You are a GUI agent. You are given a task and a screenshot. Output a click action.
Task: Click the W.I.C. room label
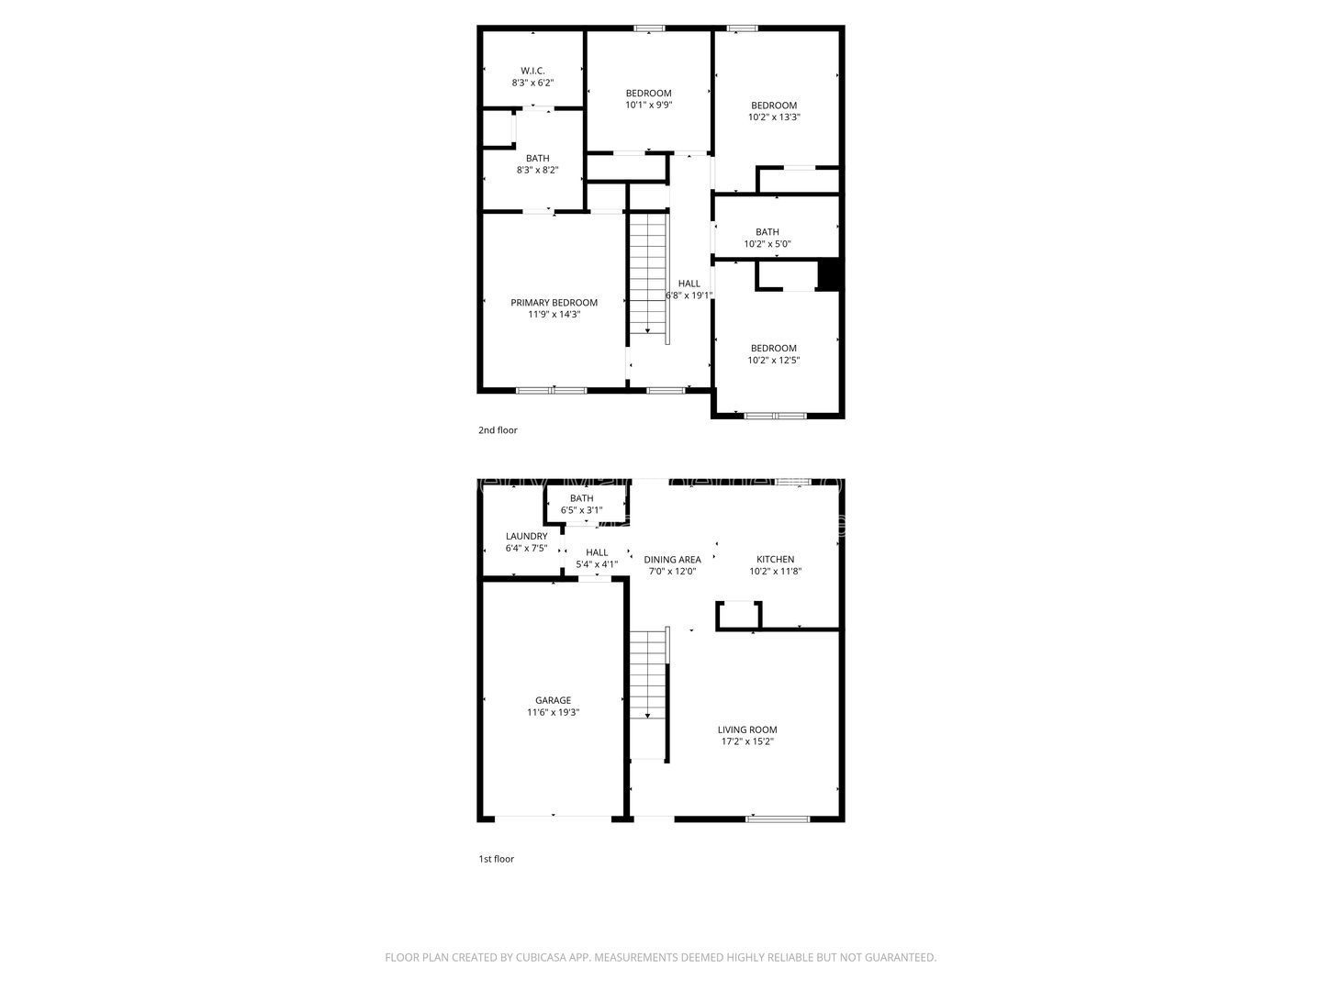point(532,71)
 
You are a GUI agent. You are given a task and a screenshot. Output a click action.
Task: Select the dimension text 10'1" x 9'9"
point(648,105)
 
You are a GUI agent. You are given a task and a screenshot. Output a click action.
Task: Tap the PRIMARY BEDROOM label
point(554,303)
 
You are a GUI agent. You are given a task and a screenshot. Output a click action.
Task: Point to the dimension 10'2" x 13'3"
point(773,117)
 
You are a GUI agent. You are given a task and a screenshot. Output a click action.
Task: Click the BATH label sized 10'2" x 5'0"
point(767,231)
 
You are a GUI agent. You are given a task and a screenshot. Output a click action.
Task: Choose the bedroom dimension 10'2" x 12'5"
point(773,360)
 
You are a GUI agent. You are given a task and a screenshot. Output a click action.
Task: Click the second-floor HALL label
point(689,284)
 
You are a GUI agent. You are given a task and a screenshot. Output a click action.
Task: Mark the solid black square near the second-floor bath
point(828,275)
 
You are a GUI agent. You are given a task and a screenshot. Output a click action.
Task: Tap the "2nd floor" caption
point(498,429)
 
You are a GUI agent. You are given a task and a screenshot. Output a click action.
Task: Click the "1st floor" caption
point(497,859)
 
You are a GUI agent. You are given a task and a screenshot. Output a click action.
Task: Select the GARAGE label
point(553,700)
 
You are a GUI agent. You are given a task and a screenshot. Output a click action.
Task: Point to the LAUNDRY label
point(526,536)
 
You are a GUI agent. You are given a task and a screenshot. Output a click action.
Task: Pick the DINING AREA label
point(672,560)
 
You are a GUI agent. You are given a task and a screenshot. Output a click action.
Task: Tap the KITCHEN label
point(775,560)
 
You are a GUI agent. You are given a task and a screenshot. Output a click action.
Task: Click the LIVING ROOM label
point(746,729)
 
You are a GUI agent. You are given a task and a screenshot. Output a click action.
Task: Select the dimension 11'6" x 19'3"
point(553,712)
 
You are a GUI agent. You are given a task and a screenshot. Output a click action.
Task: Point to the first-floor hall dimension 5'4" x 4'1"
point(596,564)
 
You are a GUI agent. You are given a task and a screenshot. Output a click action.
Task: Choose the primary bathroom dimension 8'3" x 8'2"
point(537,170)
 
